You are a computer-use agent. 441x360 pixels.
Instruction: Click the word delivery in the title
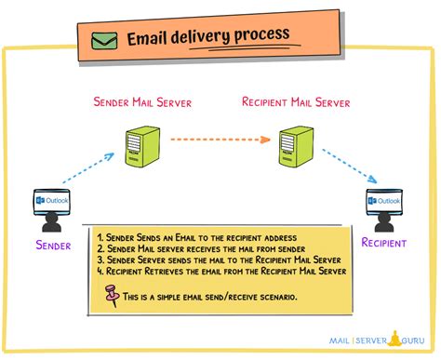point(208,36)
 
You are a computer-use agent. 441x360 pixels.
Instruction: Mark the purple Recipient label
point(384,244)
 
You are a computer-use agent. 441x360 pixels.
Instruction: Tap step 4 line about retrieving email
point(219,271)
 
